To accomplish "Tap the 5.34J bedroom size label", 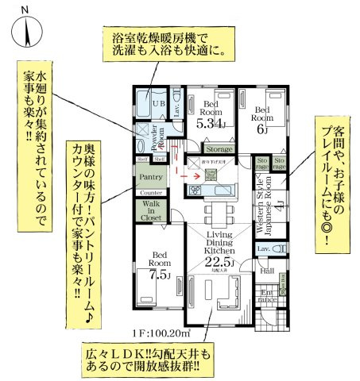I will (x=212, y=123).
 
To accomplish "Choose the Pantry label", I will (x=151, y=177).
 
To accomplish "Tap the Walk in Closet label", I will (x=151, y=210).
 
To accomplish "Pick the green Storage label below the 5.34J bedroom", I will (x=219, y=148).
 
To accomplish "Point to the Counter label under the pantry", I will (x=151, y=193).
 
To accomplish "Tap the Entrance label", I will (x=268, y=297).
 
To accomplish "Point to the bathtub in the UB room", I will (x=145, y=102).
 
